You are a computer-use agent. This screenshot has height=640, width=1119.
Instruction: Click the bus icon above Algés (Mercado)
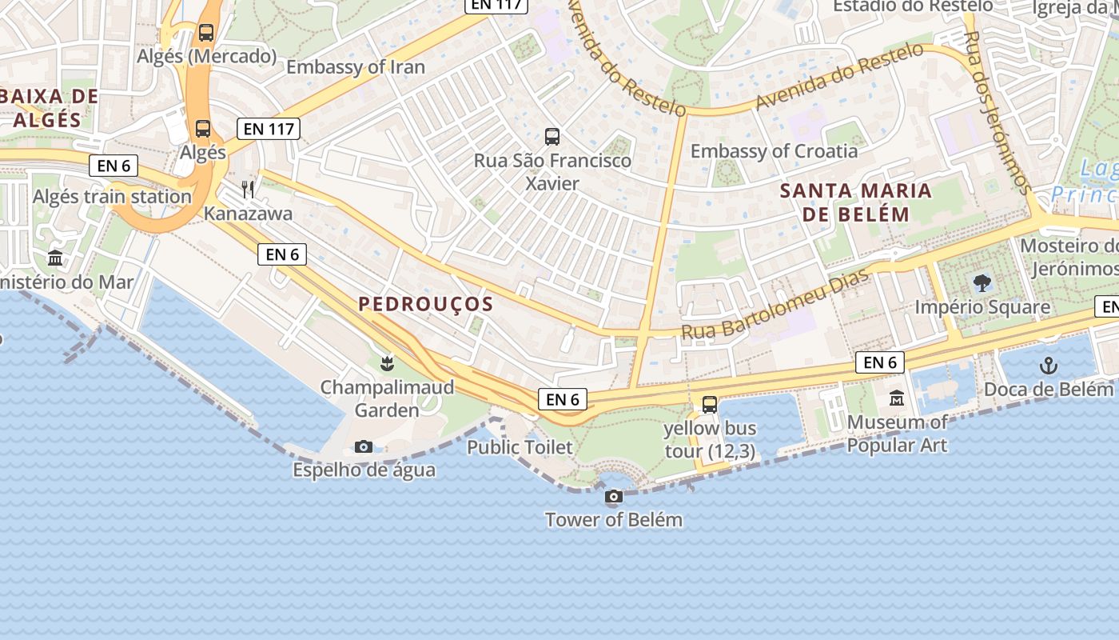pyautogui.click(x=206, y=33)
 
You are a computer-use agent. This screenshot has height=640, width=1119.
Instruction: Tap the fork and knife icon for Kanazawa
pyautogui.click(x=248, y=189)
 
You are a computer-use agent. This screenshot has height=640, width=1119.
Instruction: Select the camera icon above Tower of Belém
pyautogui.click(x=614, y=497)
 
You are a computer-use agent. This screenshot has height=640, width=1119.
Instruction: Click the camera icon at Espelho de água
pyautogui.click(x=364, y=446)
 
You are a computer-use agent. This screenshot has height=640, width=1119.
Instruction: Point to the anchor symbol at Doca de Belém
pyautogui.click(x=1048, y=366)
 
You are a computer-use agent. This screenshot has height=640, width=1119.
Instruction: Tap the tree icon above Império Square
pyautogui.click(x=982, y=282)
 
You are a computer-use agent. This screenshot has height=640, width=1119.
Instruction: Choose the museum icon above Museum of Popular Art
pyautogui.click(x=897, y=398)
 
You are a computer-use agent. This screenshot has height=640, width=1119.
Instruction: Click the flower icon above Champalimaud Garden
pyautogui.click(x=388, y=364)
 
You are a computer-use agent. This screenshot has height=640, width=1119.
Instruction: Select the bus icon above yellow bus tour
pyautogui.click(x=710, y=405)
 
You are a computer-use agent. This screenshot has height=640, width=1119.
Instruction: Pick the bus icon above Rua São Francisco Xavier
pyautogui.click(x=552, y=136)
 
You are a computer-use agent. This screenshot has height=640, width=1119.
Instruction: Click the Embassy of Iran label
pyautogui.click(x=356, y=67)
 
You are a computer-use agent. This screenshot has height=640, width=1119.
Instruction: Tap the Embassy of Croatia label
pyautogui.click(x=774, y=151)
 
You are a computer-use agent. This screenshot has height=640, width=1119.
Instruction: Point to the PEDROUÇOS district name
pyautogui.click(x=426, y=304)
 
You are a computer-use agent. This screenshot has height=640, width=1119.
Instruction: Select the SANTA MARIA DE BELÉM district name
pyautogui.click(x=856, y=202)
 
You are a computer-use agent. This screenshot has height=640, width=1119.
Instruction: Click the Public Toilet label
pyautogui.click(x=520, y=447)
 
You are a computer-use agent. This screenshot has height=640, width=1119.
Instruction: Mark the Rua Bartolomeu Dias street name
pyautogui.click(x=763, y=306)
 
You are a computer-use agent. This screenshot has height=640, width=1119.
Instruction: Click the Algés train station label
pyautogui.click(x=112, y=197)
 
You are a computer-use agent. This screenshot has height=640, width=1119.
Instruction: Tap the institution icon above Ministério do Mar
pyautogui.click(x=55, y=258)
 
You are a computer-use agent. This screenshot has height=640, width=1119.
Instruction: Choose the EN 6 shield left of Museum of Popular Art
pyautogui.click(x=880, y=362)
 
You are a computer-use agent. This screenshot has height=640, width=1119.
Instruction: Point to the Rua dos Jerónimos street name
pyautogui.click(x=998, y=112)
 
